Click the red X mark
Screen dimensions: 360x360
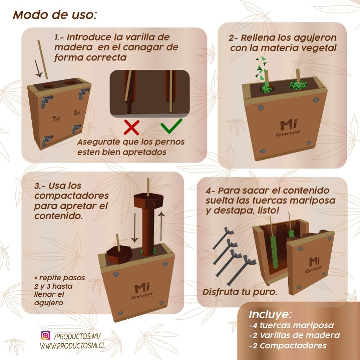click(x=131, y=127)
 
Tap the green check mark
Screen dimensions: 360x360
click(x=171, y=126)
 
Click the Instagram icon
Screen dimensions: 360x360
click(x=45, y=335)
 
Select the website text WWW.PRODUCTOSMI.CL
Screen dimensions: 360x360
click(x=72, y=346)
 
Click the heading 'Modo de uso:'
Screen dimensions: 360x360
click(x=54, y=15)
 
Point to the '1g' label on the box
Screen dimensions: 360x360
click(x=55, y=118)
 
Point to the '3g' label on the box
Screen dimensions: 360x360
click(x=77, y=113)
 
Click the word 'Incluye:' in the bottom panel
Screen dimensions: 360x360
click(x=270, y=315)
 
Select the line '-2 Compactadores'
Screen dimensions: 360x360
click(x=288, y=346)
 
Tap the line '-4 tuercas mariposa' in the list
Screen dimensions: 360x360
click(x=291, y=325)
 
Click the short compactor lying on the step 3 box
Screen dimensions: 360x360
click(x=119, y=255)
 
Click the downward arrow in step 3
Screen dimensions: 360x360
click(x=134, y=228)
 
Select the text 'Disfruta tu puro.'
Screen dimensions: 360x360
click(x=240, y=292)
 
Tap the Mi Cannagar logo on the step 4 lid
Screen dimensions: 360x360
click(x=313, y=264)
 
